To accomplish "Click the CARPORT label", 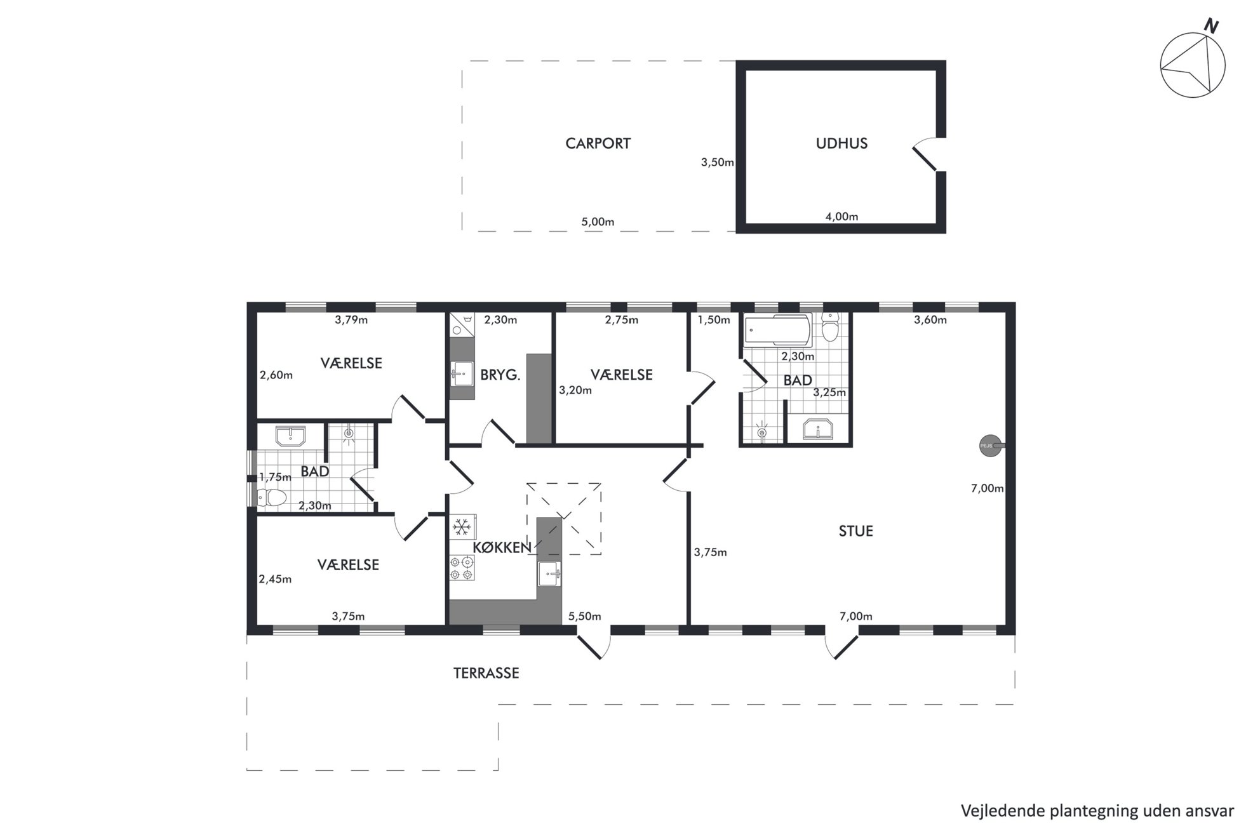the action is tap(598, 143).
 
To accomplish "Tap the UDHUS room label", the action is tap(841, 143).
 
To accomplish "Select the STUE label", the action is tap(855, 531).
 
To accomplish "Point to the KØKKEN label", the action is tap(502, 547).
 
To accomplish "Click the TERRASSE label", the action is tap(486, 673).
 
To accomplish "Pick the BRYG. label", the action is tap(500, 375).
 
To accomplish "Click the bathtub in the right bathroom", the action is tap(777, 330).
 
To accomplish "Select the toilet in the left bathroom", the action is tap(272, 497).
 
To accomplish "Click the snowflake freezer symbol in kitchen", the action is tap(462, 527).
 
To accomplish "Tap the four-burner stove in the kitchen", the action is tap(462, 568).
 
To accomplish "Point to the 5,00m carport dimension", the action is tap(598, 222).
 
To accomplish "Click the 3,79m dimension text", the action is tap(351, 320).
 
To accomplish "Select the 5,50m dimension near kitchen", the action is tap(584, 617).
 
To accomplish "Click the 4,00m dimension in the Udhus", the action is tap(841, 217).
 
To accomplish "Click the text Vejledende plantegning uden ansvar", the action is tap(1097, 811).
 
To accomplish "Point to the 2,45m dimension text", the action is tap(275, 579).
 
